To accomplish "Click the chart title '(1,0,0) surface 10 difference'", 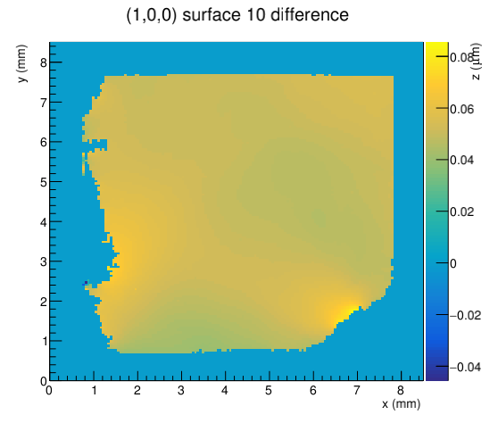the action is (x=237, y=15).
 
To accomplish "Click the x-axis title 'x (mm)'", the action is (x=401, y=403).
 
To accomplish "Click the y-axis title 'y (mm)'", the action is (x=22, y=63).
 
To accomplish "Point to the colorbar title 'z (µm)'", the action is (x=477, y=62).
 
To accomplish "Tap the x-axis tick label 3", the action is (x=181, y=390).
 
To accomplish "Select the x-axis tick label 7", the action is (x=357, y=390).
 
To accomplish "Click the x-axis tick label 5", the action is (x=269, y=390).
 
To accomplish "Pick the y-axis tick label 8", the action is (x=44, y=62).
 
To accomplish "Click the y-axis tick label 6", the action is (x=44, y=142).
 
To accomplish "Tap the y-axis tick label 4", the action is (x=44, y=222).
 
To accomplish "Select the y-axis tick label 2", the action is (x=44, y=302).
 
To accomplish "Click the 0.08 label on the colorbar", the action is (x=461, y=57).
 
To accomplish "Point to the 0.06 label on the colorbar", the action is (x=461, y=109).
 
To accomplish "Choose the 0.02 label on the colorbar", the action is (x=461, y=211).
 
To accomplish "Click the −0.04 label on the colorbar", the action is (x=465, y=367).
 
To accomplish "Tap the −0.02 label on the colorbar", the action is (x=465, y=315).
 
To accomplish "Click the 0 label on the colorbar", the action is (x=453, y=263).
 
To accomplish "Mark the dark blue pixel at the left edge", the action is (x=86, y=282).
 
